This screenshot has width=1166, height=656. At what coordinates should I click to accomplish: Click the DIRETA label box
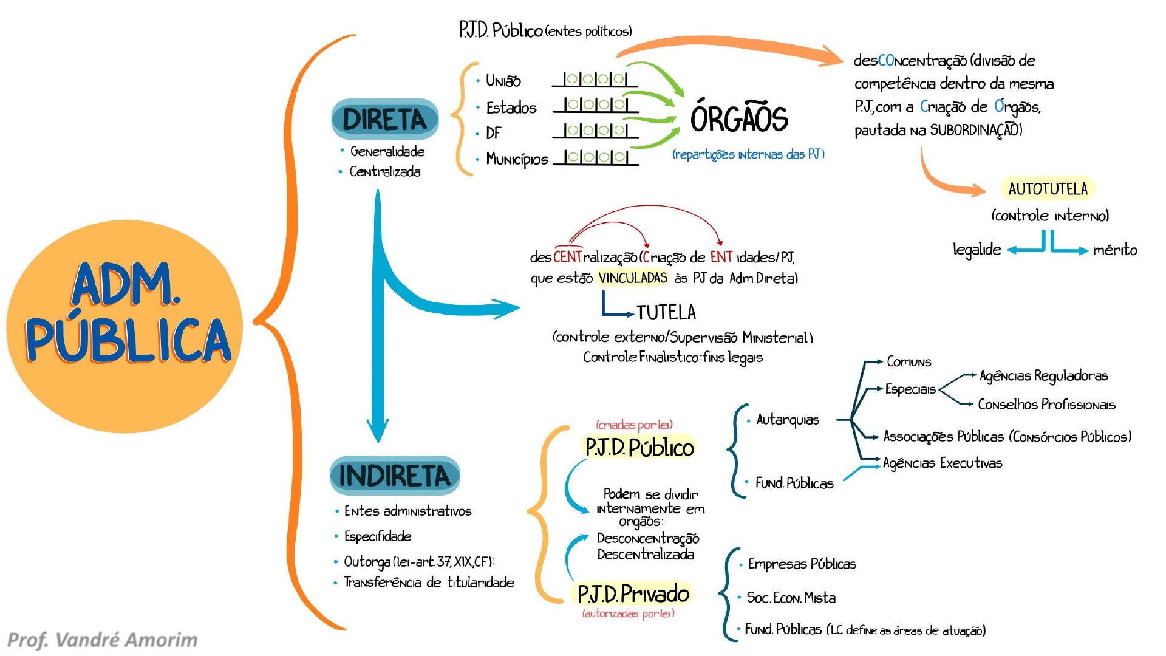click(x=384, y=119)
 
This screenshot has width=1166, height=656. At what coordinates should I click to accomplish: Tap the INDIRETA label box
click(x=395, y=476)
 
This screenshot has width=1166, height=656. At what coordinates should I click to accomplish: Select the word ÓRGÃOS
click(x=739, y=117)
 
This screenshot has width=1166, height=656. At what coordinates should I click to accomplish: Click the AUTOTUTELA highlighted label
click(x=1048, y=189)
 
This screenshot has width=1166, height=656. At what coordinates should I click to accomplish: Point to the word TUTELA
click(x=666, y=313)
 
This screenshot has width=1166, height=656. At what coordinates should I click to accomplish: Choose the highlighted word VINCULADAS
click(x=633, y=278)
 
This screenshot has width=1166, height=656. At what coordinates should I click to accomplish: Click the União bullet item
click(x=503, y=81)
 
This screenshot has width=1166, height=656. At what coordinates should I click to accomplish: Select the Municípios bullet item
click(x=517, y=159)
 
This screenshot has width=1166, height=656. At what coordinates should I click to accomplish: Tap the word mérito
click(x=1115, y=250)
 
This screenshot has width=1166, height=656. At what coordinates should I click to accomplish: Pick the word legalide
click(x=977, y=249)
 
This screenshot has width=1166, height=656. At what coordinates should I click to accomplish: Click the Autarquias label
click(x=788, y=420)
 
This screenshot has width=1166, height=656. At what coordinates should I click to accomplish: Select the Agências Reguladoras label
click(x=1044, y=376)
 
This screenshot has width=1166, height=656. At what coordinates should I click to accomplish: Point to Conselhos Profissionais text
click(x=1046, y=405)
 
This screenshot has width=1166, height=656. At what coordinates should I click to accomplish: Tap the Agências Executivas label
click(x=943, y=463)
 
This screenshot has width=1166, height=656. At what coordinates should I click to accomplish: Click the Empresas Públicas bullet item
click(x=802, y=564)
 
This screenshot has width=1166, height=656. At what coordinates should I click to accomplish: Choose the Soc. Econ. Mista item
click(x=791, y=598)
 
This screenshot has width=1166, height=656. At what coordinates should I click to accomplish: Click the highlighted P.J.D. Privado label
click(x=633, y=593)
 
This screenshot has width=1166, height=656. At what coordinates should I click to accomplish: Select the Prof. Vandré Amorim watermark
click(x=103, y=640)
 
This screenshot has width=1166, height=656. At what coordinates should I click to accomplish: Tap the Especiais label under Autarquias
click(x=910, y=389)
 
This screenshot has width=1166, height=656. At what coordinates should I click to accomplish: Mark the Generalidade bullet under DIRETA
click(x=387, y=151)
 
